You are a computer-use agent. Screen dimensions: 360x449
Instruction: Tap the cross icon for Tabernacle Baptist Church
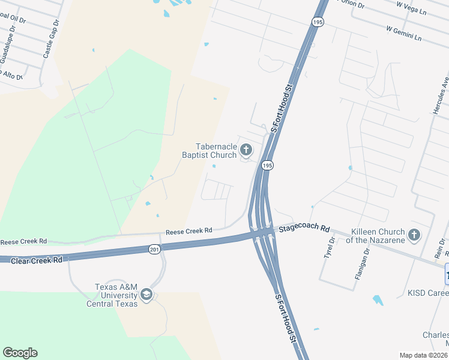(246, 149)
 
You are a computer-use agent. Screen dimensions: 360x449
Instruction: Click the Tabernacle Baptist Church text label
(209, 151)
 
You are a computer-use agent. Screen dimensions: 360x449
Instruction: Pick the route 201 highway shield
(154, 249)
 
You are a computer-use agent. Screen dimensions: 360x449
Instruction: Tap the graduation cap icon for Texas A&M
(146, 295)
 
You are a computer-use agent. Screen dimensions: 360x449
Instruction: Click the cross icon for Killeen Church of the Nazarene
(414, 235)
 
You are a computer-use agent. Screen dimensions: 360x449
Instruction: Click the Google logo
(20, 353)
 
